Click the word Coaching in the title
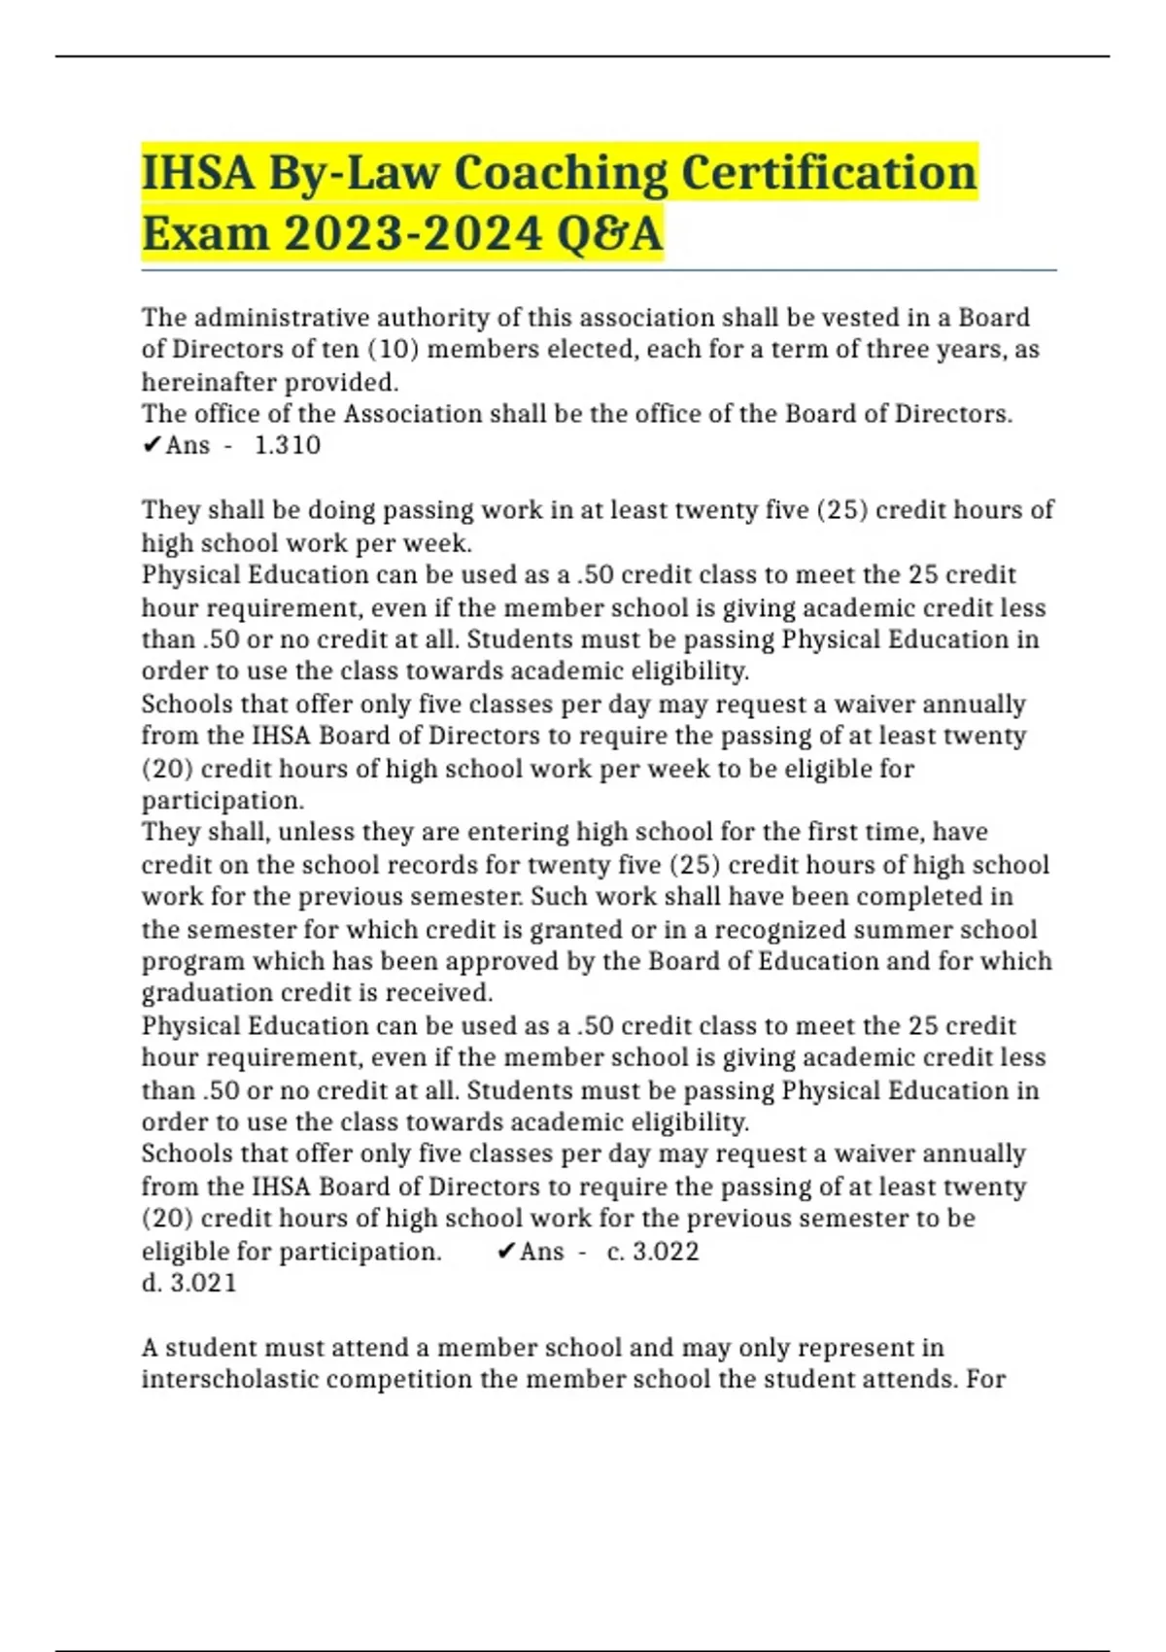coord(561,173)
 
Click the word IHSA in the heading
coord(198,173)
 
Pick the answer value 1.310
coord(288,445)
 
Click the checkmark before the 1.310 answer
coord(152,445)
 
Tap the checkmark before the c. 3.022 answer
coord(505,1251)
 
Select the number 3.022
coord(666,1251)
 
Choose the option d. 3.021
coord(189,1283)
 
